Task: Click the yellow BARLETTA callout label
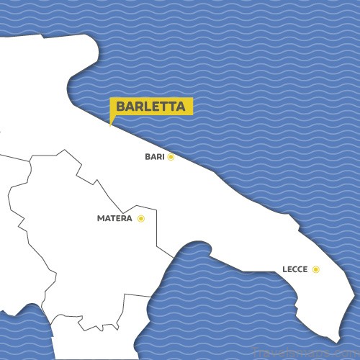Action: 150,107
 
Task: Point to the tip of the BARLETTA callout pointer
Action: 110,125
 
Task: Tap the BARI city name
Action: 155,156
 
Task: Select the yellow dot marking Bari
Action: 171,156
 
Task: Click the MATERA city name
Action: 114,218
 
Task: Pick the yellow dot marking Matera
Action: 141,218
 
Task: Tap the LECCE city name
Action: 295,269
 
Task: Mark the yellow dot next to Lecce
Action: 316,269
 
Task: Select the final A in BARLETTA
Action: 181,107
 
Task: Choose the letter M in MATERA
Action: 100,218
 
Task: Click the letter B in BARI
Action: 147,156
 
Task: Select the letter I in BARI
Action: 163,156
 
